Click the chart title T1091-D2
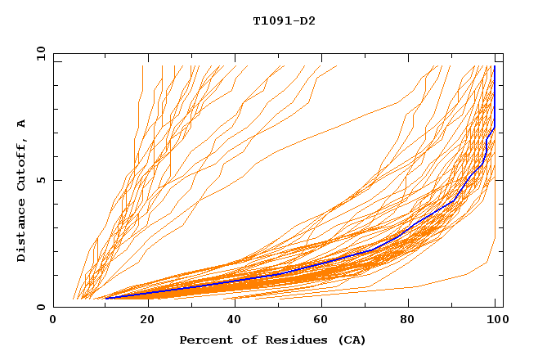point(284,20)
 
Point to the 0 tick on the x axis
point(53,320)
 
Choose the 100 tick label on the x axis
point(495,320)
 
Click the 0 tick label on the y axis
point(40,307)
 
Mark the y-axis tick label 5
point(40,180)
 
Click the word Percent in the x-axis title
point(205,340)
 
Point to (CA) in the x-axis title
point(350,340)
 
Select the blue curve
point(327,264)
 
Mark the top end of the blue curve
point(494,67)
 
